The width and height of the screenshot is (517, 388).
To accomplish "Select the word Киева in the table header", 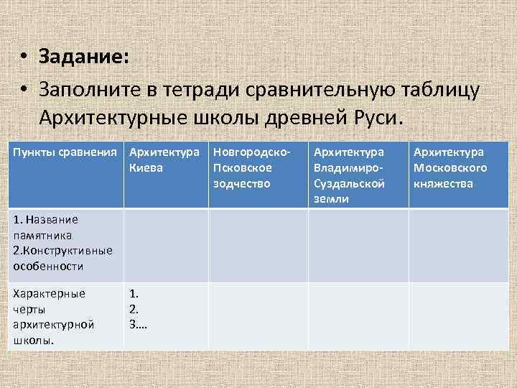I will point(146,168).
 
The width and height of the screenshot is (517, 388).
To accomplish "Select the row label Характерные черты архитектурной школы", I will point(53,316).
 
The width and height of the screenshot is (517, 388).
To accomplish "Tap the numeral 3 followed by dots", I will point(138,324).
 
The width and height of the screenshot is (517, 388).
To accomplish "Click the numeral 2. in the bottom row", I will point(134,308).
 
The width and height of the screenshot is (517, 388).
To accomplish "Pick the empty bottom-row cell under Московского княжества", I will point(457,316).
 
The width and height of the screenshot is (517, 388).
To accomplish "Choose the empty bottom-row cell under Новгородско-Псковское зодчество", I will point(258,316).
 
